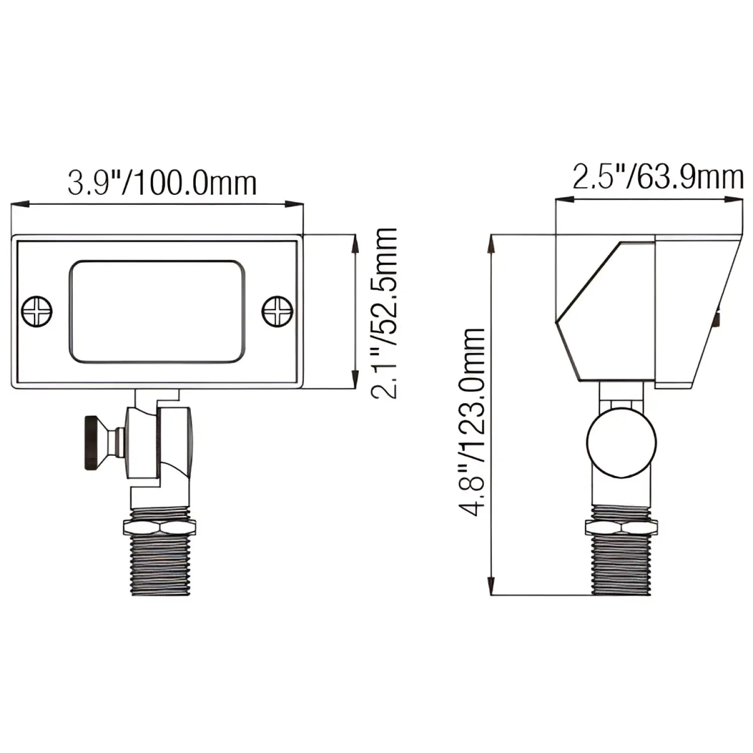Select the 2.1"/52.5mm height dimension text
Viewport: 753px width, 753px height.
click(x=384, y=312)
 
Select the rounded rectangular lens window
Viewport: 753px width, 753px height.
click(x=157, y=311)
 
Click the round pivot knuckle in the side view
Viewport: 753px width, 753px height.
click(x=621, y=442)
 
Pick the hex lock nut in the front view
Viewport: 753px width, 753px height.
click(x=160, y=528)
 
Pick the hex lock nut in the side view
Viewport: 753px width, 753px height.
click(x=621, y=528)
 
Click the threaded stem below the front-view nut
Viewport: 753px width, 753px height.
click(x=160, y=565)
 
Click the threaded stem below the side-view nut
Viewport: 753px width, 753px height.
click(x=621, y=565)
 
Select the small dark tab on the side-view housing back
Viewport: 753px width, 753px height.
click(x=718, y=319)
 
